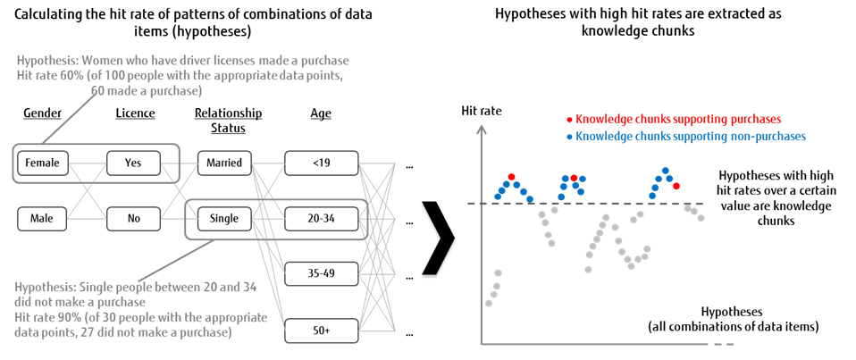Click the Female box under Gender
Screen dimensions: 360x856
point(42,163)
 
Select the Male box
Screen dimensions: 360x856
point(42,219)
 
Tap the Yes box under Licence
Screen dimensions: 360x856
point(133,163)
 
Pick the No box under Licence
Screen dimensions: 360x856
point(133,219)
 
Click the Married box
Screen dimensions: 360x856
point(224,163)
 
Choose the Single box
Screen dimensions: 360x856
point(224,219)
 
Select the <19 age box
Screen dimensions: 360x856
point(321,163)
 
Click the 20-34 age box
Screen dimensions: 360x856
point(321,219)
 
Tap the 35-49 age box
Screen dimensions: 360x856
point(321,273)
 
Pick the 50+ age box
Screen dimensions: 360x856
point(321,331)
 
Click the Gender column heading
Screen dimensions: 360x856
point(42,113)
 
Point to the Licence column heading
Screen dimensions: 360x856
point(135,113)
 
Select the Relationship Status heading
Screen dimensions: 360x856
point(228,120)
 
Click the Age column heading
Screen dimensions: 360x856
point(320,113)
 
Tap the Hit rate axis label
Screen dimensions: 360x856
point(482,112)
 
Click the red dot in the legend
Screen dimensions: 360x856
point(568,119)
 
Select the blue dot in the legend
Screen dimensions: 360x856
point(568,136)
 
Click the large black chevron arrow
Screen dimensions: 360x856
point(438,235)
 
